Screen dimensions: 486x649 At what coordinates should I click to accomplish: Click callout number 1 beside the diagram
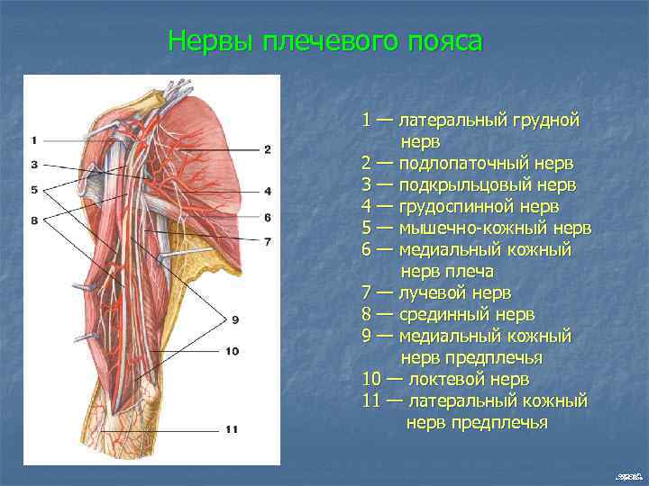[x=33, y=139]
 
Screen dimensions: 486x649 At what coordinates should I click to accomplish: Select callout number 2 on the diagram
[x=268, y=149]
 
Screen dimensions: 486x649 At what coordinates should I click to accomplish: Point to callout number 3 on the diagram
[x=33, y=165]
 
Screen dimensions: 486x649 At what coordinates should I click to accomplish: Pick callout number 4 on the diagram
[x=268, y=191]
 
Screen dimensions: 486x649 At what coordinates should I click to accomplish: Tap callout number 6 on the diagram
[x=268, y=217]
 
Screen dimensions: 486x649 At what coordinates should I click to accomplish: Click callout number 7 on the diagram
[x=268, y=241]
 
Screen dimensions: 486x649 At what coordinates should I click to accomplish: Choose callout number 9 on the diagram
[x=234, y=319]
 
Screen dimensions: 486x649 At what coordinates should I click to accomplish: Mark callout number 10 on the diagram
[x=233, y=350]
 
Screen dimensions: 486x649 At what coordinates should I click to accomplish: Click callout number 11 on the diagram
[x=232, y=429]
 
